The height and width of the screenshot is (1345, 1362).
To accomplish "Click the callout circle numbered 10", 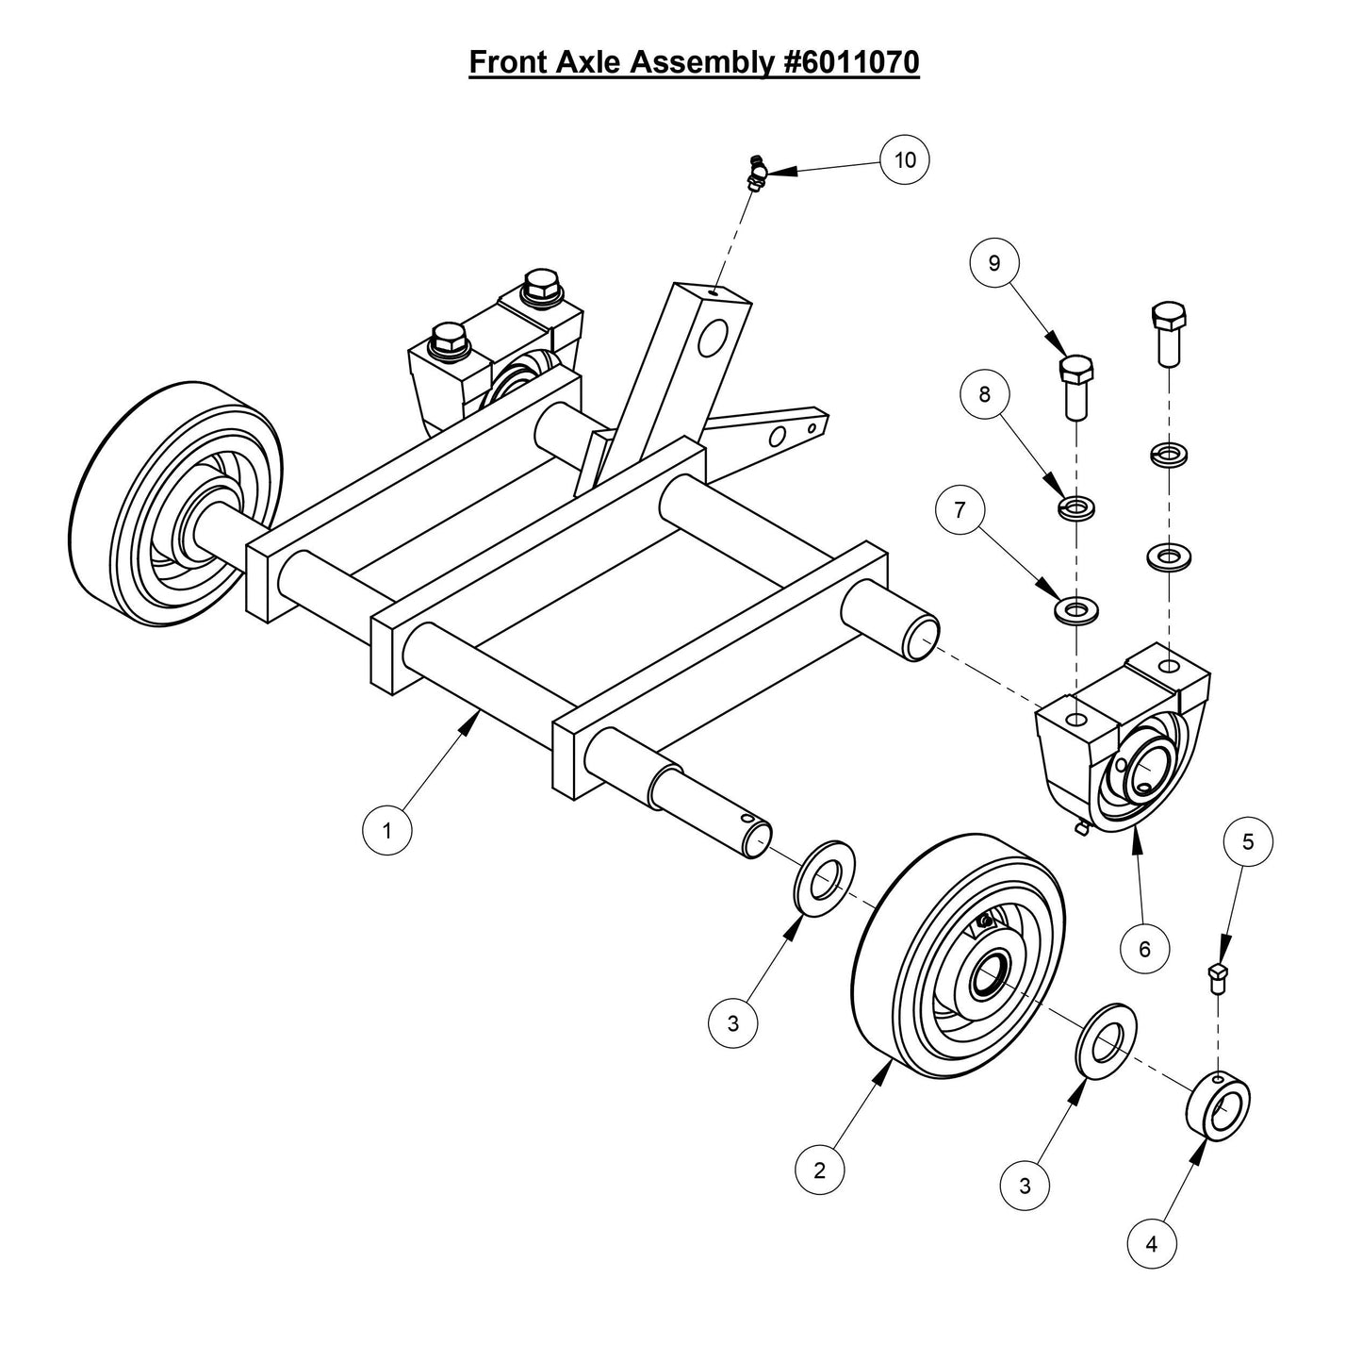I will [x=905, y=160].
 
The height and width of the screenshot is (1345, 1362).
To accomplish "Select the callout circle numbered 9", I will [x=994, y=263].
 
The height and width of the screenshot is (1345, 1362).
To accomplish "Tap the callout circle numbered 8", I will [x=985, y=393].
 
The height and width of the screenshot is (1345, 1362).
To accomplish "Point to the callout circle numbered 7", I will [x=960, y=510].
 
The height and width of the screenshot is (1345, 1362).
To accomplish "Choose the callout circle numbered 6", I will [x=1144, y=948].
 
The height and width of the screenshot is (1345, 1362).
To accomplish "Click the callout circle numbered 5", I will [x=1248, y=842].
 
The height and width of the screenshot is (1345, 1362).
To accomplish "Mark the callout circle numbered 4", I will [x=1152, y=1244].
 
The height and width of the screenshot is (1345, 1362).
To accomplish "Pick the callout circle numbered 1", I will [x=386, y=831].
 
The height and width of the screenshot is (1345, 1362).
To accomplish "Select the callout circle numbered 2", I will [x=819, y=1171].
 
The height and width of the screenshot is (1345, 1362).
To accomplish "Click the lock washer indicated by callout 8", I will [x=1075, y=508].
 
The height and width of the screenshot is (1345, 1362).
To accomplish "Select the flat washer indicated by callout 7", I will [x=1075, y=609].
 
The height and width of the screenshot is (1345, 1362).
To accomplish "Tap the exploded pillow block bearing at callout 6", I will [x=1122, y=739].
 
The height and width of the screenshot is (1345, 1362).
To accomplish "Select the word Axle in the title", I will [x=583, y=62].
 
